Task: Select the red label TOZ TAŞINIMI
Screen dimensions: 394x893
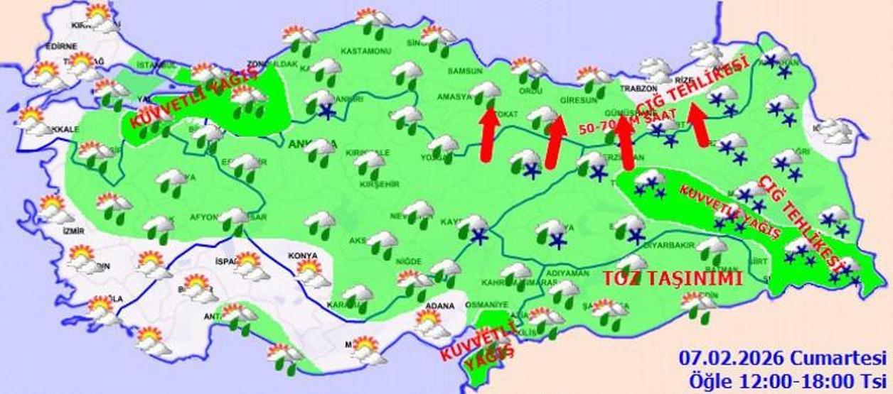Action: tap(672, 278)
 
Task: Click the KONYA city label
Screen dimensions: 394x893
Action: tap(302, 256)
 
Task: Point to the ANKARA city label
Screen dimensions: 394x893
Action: tap(305, 144)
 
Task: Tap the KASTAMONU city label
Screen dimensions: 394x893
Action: tap(366, 52)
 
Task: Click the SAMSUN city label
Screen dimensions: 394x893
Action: tap(464, 71)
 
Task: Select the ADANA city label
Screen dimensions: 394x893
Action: tap(440, 306)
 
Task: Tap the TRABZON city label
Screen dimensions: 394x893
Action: tap(636, 89)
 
